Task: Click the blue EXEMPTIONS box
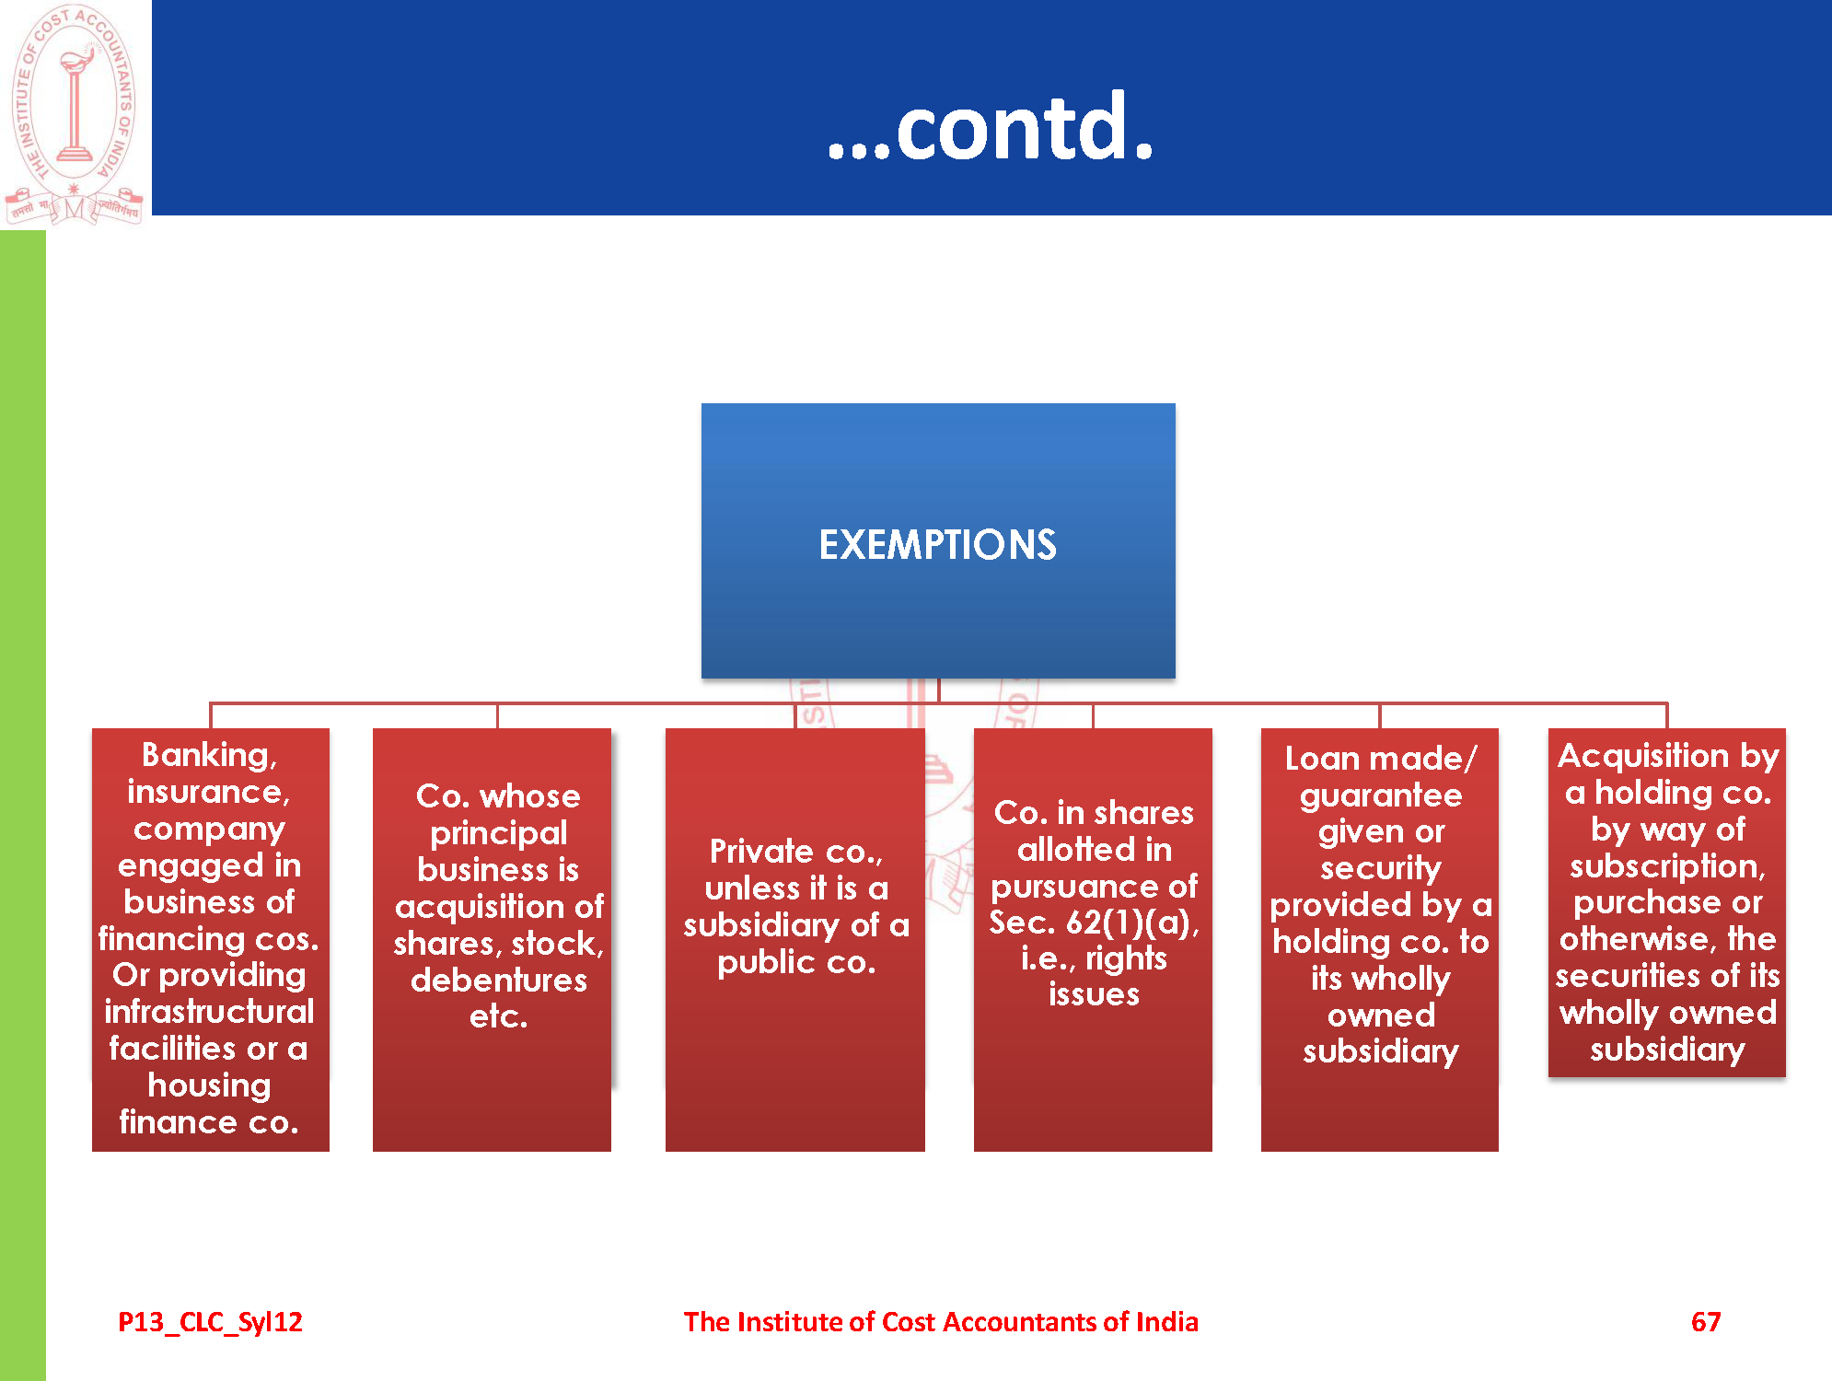[x=938, y=540]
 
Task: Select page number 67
[x=1706, y=1322]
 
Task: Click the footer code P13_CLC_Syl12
[x=210, y=1323]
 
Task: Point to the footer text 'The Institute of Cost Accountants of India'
[x=941, y=1322]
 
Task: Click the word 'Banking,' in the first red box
[x=210, y=755]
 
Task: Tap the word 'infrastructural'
[x=210, y=1012]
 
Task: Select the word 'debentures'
[x=499, y=980]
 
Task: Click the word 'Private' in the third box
[x=761, y=852]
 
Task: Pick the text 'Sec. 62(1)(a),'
[x=1094, y=923]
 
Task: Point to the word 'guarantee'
[x=1381, y=795]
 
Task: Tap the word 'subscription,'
[x=1667, y=866]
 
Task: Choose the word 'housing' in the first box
[x=210, y=1086]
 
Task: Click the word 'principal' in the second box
[x=499, y=834]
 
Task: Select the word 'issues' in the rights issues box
[x=1094, y=995]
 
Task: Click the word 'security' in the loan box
[x=1381, y=869]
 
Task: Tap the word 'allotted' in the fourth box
[x=1064, y=850]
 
